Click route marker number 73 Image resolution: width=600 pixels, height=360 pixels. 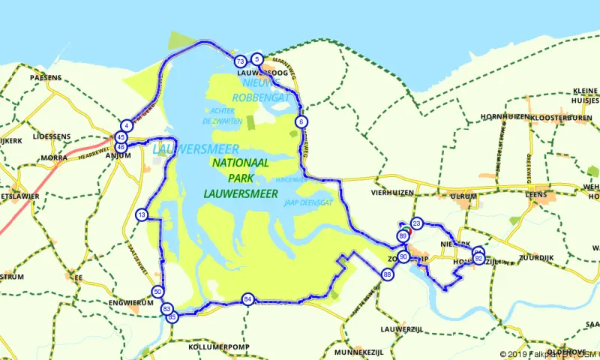tap(240, 61)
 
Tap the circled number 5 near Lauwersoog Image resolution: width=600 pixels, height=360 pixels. tap(257, 58)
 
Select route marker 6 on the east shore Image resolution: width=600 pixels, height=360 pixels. tap(301, 121)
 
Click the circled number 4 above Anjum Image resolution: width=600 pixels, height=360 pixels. tap(127, 125)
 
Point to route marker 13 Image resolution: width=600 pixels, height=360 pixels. tap(142, 216)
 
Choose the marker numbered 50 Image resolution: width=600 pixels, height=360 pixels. tap(157, 292)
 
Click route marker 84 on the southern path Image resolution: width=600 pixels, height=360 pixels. tap(247, 300)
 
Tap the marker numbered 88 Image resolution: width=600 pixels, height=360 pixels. tap(387, 275)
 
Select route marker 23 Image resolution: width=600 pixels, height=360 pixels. tap(417, 223)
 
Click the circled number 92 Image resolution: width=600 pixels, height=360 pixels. tap(478, 258)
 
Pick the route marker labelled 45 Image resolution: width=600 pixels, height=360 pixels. tap(121, 137)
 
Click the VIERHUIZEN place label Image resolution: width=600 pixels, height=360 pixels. tap(393, 192)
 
